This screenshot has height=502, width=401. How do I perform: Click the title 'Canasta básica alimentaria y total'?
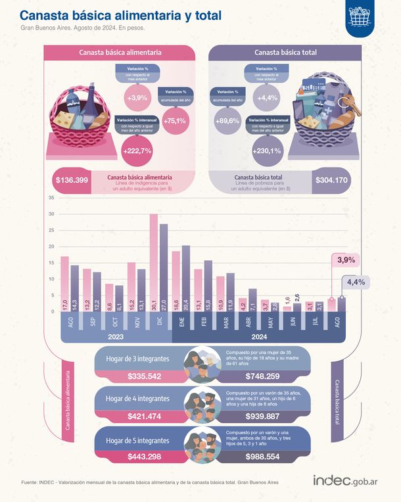(x=121, y=14)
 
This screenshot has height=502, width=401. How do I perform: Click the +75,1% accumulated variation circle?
(x=176, y=120)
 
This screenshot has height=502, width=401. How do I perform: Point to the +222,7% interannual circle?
(x=137, y=150)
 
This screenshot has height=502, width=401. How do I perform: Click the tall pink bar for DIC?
(x=154, y=263)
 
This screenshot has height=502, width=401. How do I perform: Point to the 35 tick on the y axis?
(x=51, y=198)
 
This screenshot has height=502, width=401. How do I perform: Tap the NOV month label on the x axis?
(x=136, y=324)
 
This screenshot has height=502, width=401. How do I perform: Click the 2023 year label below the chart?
(x=116, y=336)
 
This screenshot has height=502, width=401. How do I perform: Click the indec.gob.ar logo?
(x=345, y=481)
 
